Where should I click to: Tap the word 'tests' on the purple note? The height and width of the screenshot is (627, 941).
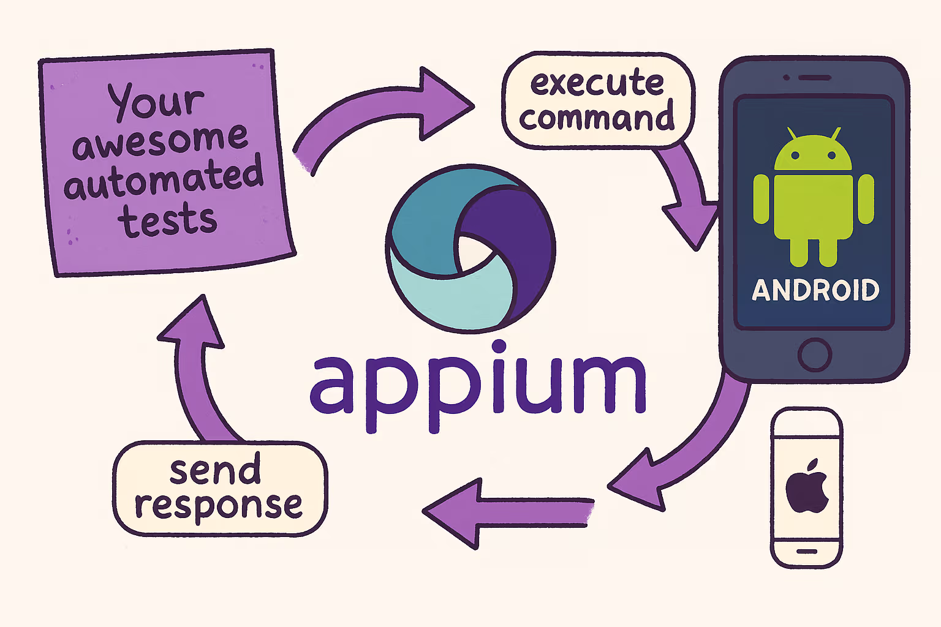tap(167, 220)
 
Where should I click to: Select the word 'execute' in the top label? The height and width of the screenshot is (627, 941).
tap(597, 83)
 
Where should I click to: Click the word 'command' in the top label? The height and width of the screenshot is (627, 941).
tap(597, 118)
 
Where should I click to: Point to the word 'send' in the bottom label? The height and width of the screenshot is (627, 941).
tap(215, 470)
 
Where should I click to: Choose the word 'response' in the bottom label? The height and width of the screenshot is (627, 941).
tap(219, 506)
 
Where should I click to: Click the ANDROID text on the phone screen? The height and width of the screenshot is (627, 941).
tap(815, 290)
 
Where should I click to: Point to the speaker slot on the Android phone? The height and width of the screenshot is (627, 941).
tap(814, 78)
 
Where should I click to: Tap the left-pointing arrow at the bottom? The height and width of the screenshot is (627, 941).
tap(502, 512)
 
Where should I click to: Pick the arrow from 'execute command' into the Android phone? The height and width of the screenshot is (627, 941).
tap(686, 196)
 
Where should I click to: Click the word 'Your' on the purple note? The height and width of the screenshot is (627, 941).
tap(156, 100)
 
